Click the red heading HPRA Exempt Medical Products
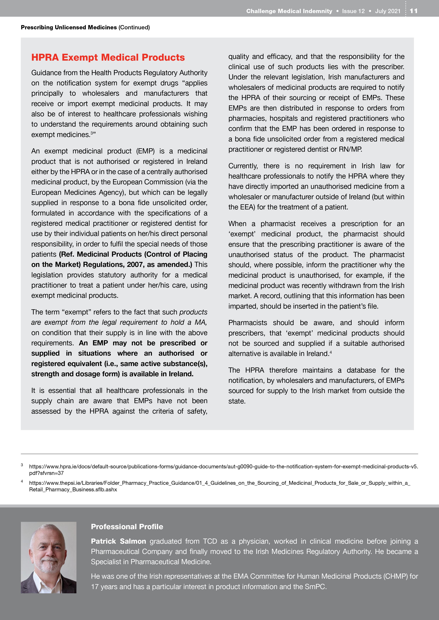[x=108, y=57]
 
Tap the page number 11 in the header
[x=414, y=11]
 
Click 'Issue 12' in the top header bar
[x=353, y=11]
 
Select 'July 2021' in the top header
[x=388, y=11]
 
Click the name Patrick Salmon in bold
[x=118, y=541]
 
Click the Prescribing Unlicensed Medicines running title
[x=69, y=27]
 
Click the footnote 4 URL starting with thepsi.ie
[x=219, y=486]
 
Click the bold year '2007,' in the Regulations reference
[x=136, y=265]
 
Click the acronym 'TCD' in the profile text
[x=210, y=541]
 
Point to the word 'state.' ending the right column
[x=237, y=401]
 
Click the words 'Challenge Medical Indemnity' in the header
[x=289, y=11]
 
